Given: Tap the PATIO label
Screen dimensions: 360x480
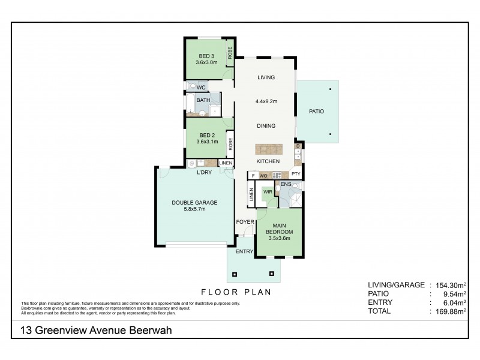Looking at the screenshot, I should pyautogui.click(x=317, y=112).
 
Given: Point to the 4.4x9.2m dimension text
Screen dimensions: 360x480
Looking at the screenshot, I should pyautogui.click(x=266, y=101).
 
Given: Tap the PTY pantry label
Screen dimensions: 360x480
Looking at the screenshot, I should pyautogui.click(x=296, y=175).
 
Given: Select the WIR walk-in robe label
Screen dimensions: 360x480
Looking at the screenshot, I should pyautogui.click(x=268, y=192).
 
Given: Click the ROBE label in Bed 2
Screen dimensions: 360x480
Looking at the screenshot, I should pyautogui.click(x=230, y=145).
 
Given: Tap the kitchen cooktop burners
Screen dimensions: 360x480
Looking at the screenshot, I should pyautogui.click(x=277, y=175).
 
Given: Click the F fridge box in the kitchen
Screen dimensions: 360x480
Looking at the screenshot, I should pyautogui.click(x=253, y=175).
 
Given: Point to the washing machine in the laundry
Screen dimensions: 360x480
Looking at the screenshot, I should pyautogui.click(x=191, y=163).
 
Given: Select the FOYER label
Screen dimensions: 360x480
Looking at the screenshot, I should pyautogui.click(x=244, y=221).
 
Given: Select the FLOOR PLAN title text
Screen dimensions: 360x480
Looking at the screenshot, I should pyautogui.click(x=235, y=293).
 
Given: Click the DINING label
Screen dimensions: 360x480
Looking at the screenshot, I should pyautogui.click(x=266, y=126).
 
